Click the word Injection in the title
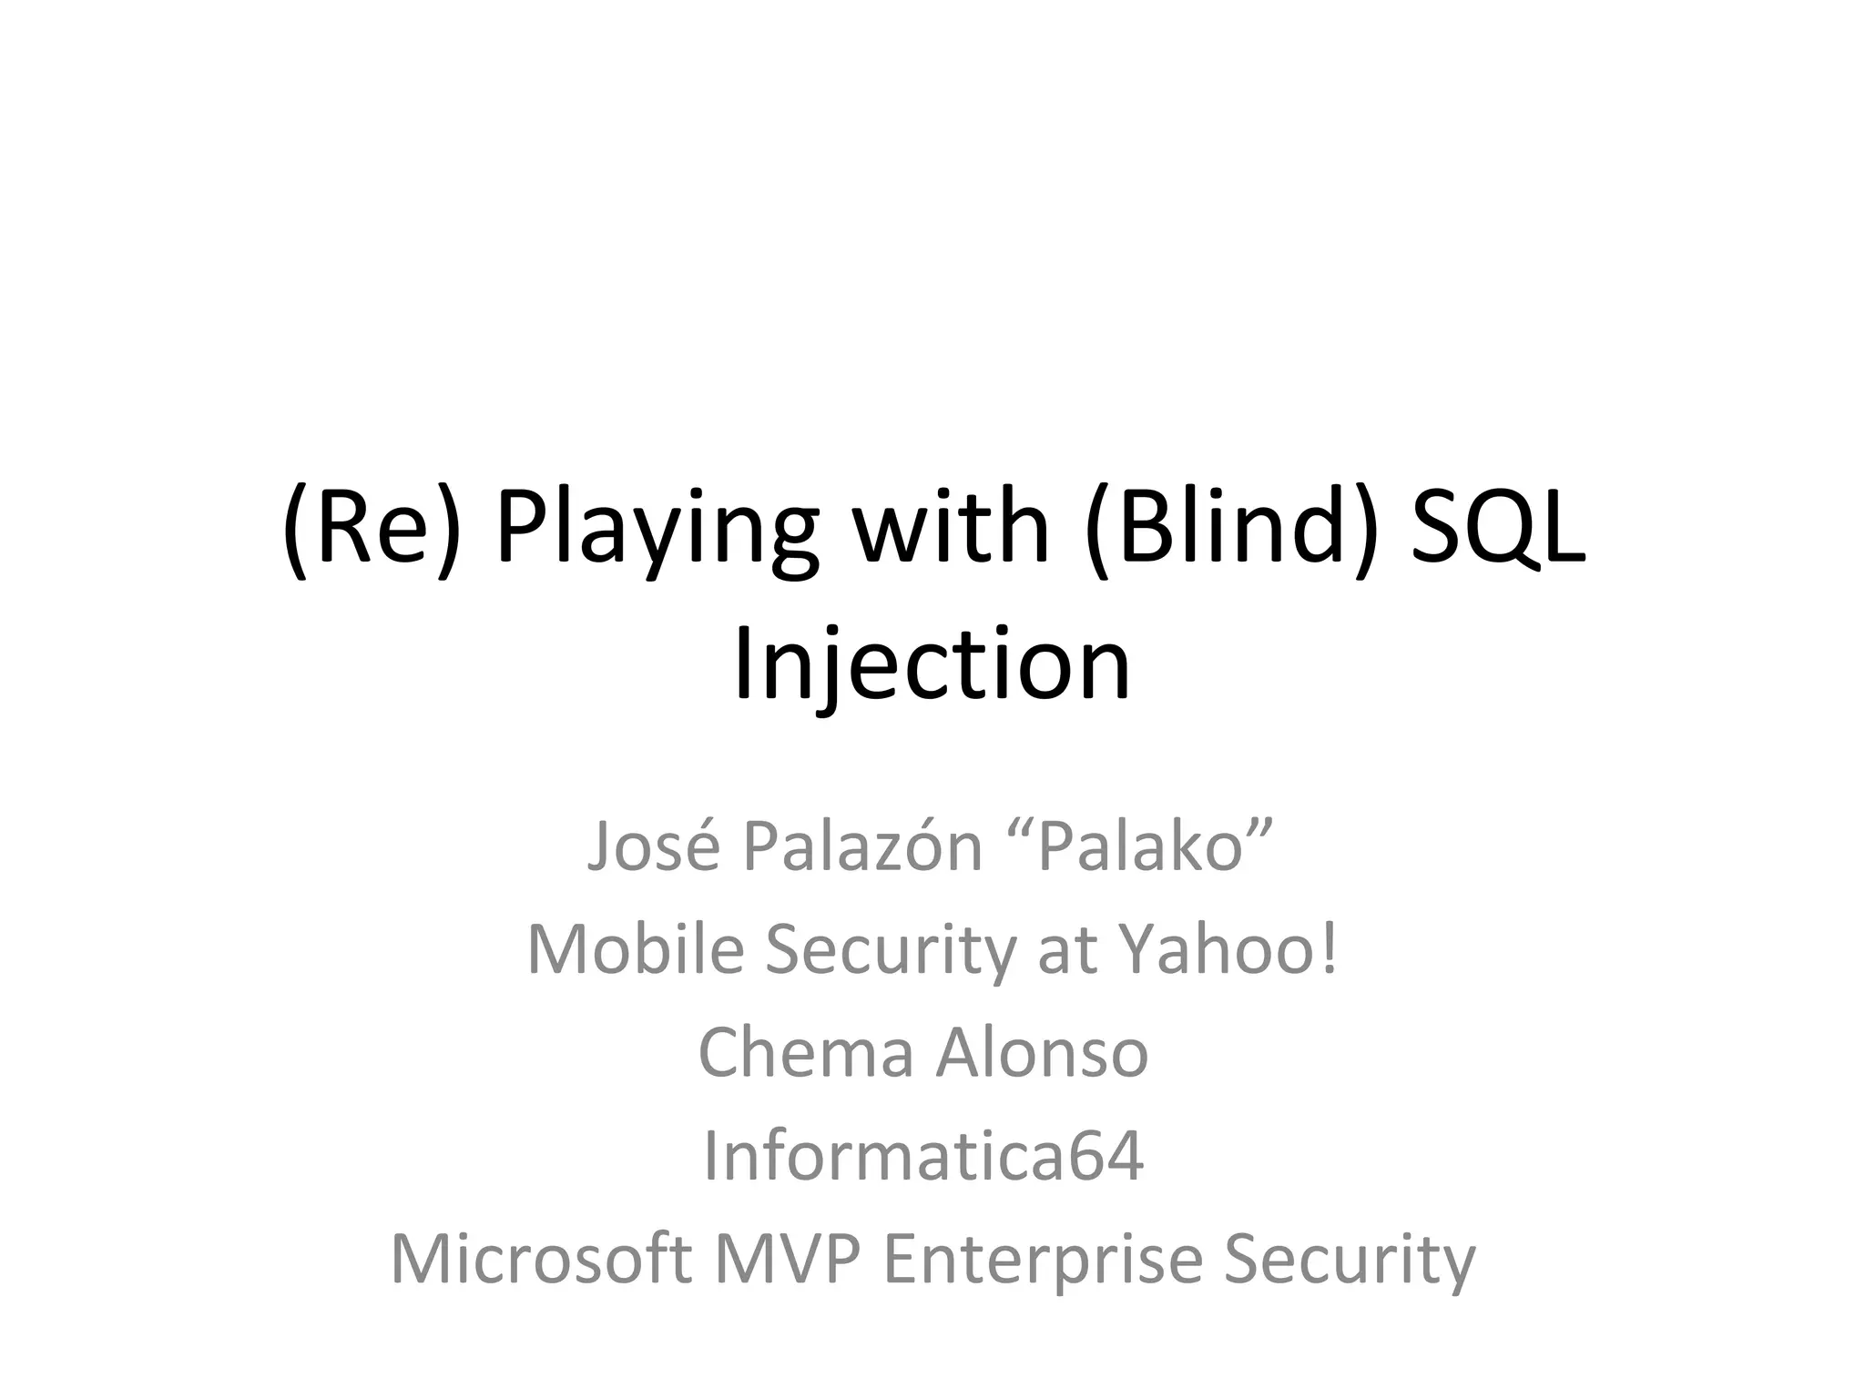click(932, 665)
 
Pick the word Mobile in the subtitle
click(635, 949)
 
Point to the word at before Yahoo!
click(1065, 949)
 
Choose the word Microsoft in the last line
click(540, 1259)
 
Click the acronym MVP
click(786, 1259)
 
